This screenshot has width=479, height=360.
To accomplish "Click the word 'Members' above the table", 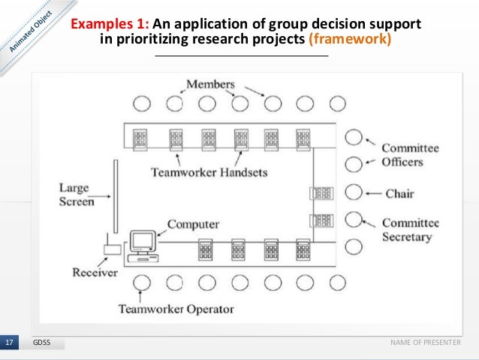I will [x=210, y=84].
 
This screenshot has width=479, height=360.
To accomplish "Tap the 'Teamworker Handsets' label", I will [x=209, y=172].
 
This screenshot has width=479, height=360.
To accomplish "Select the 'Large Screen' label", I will [x=77, y=194].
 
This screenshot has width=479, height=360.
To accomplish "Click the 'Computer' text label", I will [x=193, y=224].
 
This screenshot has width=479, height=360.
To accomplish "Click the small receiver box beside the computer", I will [x=111, y=250].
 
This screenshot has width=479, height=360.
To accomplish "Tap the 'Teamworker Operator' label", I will [x=176, y=308].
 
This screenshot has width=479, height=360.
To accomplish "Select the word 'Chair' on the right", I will [x=400, y=194].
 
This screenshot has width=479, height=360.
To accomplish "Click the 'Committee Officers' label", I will [x=410, y=155].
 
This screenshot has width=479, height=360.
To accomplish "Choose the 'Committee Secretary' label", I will [x=410, y=229].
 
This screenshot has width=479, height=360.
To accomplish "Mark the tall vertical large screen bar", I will [x=115, y=196].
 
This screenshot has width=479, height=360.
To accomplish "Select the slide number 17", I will [x=10, y=343].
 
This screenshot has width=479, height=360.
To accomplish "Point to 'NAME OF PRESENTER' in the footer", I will [x=425, y=343].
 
